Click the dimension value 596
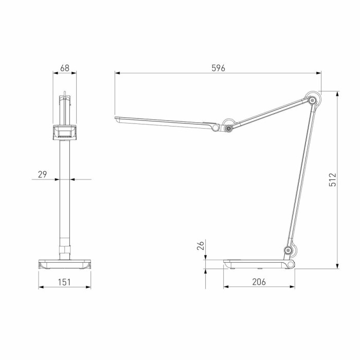(x=218, y=68)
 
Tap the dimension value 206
(x=259, y=282)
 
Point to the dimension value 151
(x=64, y=282)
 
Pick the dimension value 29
(x=42, y=174)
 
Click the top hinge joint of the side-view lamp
(x=312, y=100)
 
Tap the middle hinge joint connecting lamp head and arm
(x=227, y=126)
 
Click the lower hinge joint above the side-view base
(x=289, y=251)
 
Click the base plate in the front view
(x=64, y=264)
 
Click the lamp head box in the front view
(x=64, y=133)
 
